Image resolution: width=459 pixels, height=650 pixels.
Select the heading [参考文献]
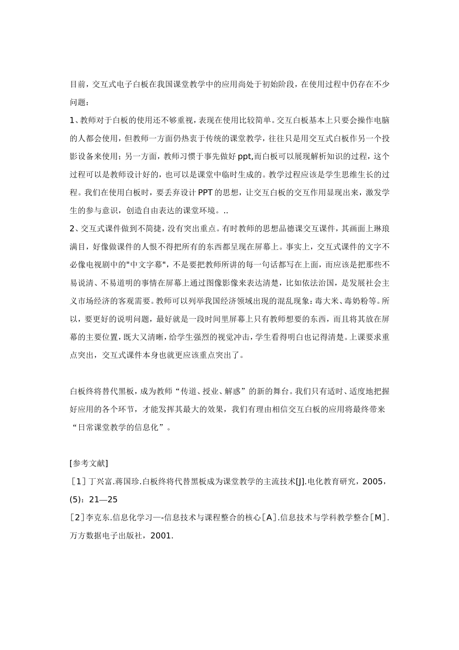tap(89, 463)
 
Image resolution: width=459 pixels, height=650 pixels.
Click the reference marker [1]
tap(78, 482)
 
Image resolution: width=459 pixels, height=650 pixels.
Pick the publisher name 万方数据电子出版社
tap(109, 536)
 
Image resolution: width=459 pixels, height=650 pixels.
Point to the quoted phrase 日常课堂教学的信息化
tap(118, 428)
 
